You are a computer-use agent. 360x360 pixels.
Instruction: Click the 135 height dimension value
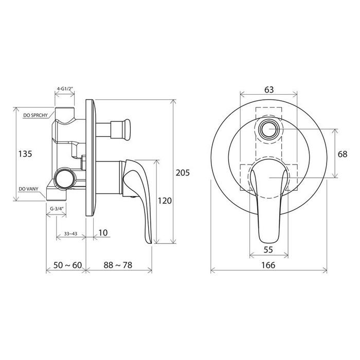coord(25,154)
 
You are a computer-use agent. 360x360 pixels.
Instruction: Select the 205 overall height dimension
coord(183,172)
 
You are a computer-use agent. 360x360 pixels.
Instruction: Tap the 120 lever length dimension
coord(165,201)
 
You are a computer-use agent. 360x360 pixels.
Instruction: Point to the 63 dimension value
coord(269,90)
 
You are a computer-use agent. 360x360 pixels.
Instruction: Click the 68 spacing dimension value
coord(343,154)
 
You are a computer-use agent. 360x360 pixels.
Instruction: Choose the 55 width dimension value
coord(268,249)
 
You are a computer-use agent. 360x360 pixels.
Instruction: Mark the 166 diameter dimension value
coord(268,265)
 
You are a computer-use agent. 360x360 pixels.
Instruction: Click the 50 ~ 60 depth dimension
coord(67,265)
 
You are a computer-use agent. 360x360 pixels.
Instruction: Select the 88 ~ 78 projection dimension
coord(118,265)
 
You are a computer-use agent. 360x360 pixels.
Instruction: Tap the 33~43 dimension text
coord(70,233)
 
